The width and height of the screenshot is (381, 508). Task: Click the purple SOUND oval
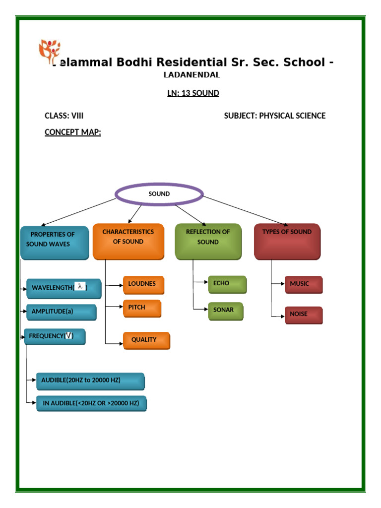point(159,194)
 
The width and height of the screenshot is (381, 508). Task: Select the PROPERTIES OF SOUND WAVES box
point(55,243)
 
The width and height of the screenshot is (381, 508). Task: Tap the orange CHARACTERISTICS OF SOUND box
point(128,241)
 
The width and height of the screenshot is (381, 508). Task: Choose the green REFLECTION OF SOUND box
point(208,241)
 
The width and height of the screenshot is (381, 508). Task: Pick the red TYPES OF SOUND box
point(287,241)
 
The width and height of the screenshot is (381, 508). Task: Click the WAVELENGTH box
point(64,288)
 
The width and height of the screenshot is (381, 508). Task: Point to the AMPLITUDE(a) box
point(61,312)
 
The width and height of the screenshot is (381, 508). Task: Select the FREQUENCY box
point(55,336)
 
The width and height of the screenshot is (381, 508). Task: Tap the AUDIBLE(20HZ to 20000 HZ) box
point(90,381)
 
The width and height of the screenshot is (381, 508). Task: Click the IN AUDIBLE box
point(91,404)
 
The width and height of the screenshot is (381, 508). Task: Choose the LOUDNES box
point(143,285)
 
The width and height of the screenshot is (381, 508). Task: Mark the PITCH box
point(142,308)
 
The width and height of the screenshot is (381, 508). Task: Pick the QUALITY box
point(146,340)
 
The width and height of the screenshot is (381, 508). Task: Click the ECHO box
point(227,284)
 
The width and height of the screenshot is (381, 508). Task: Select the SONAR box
point(226,311)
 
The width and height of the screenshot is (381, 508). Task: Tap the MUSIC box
point(304,284)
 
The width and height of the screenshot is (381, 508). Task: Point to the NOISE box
point(304,315)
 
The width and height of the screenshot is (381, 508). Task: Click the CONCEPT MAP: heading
point(73,132)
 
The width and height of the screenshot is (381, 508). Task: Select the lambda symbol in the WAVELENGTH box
point(80,286)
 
